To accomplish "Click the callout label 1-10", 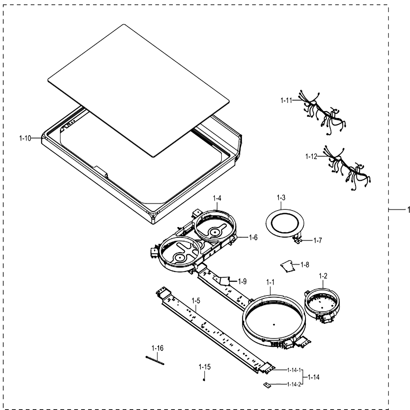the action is click(x=25, y=138).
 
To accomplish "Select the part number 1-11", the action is click(x=286, y=100).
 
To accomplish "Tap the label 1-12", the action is click(x=311, y=156).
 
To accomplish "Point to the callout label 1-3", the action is click(x=281, y=198).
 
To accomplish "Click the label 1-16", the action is click(x=157, y=348).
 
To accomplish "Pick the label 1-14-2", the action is click(x=294, y=385).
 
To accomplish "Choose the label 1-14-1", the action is click(x=294, y=370).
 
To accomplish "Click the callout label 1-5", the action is click(x=196, y=301).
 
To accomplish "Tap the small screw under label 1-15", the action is click(x=204, y=380).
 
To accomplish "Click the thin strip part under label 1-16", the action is click(x=155, y=360).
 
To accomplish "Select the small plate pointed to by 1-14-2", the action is click(x=266, y=385).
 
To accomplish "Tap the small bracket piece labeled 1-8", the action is click(x=287, y=266).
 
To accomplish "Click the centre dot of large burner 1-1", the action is click(x=274, y=325).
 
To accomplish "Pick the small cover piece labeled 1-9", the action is click(x=224, y=281).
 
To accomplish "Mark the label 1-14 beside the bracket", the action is click(x=314, y=377).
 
